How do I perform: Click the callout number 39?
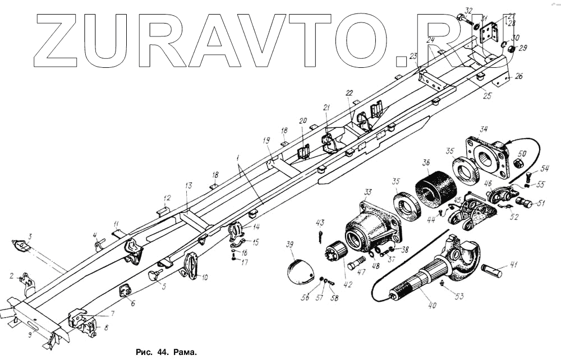pos(290,245)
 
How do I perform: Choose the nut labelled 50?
pos(519,164)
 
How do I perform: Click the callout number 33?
pos(367,192)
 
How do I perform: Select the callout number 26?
pos(518,76)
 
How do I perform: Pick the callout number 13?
pos(188,185)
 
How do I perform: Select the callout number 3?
pos(30,236)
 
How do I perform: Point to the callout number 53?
pos(458,296)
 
